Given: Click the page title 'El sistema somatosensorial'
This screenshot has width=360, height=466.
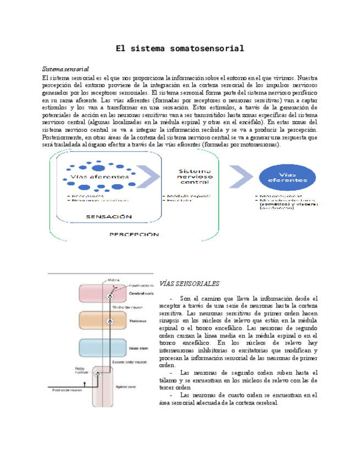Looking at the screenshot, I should click(180, 49).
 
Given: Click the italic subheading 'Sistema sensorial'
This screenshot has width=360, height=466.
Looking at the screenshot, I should click(66, 70).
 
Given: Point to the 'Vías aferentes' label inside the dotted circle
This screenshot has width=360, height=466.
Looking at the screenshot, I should click(91, 177).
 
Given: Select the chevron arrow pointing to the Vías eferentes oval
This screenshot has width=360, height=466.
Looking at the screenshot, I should click(239, 175).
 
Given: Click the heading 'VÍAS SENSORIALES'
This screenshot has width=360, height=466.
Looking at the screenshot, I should click(188, 284).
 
